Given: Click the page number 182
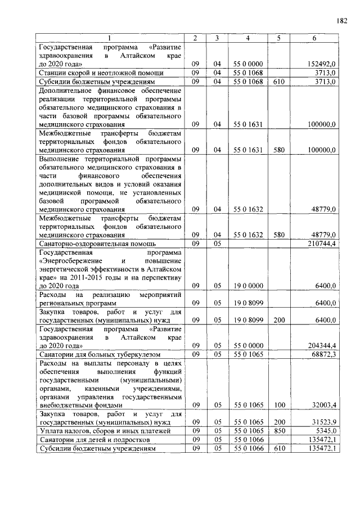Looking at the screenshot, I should click(x=343, y=21).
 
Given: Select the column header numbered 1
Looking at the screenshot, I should click(x=110, y=38).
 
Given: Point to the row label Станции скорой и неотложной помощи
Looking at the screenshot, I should click(x=101, y=73).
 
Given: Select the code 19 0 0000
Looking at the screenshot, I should click(x=248, y=286).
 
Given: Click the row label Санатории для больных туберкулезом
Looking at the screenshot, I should click(x=100, y=355).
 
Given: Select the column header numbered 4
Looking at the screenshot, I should click(x=248, y=38).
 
